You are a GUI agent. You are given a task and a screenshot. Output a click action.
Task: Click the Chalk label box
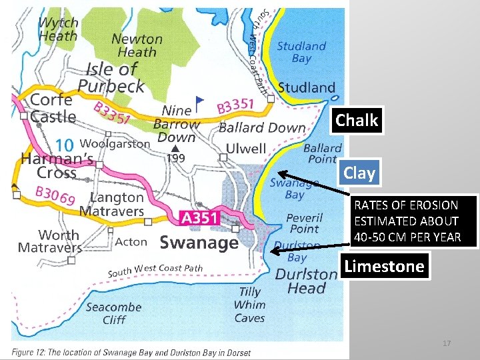pos(357,121)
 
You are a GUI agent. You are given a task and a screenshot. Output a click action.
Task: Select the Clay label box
pos(359,173)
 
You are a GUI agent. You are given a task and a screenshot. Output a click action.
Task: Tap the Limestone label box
pos(384,267)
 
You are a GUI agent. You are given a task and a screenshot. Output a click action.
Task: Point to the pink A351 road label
pos(199,217)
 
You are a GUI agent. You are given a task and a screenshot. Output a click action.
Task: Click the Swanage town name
pos(199,242)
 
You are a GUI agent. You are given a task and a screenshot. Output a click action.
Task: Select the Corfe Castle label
pos(52,108)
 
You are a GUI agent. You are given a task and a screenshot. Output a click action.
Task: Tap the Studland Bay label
pos(302,52)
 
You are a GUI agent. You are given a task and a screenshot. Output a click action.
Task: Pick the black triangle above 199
pos(175,148)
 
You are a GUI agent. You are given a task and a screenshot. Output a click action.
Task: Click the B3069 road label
pos(54,196)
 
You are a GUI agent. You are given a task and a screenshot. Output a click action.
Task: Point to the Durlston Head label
pos(306,281)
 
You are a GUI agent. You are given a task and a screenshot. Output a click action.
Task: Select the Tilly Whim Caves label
pos(250,305)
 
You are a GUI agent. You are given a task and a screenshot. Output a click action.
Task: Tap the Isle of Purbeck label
pos(111,77)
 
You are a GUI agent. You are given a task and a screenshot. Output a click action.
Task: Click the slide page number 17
pos(447,343)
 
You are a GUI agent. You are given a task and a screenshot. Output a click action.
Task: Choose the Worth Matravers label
pos(49,241)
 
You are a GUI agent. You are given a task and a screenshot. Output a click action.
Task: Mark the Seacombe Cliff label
pos(113,313)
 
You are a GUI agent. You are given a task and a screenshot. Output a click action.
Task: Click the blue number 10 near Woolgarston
pos(64,145)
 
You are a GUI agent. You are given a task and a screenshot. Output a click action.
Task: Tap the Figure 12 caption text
pos(131,352)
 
